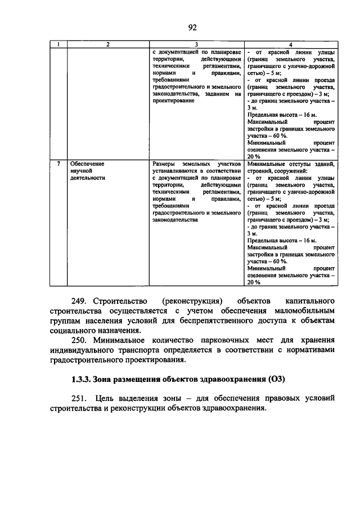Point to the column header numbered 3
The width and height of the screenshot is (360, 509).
pos(196,44)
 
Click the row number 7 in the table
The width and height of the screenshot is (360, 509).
pos(60,164)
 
